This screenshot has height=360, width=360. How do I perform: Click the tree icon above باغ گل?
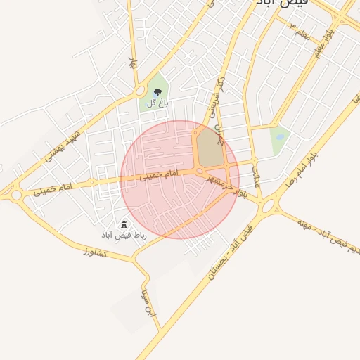tap(157, 92)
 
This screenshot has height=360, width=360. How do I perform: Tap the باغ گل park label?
tap(157, 103)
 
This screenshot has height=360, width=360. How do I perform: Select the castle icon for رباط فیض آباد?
tap(124, 224)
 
